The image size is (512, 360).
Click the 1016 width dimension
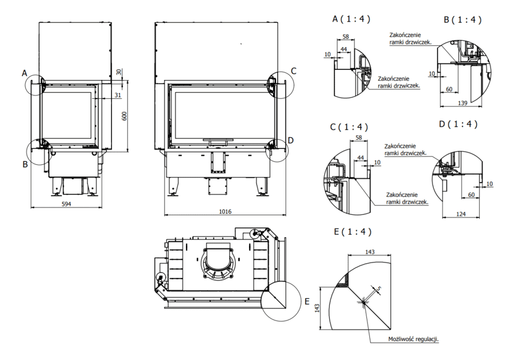tap(225, 212)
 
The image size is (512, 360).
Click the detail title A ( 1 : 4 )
tap(352, 19)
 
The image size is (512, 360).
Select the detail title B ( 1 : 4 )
tap(463, 20)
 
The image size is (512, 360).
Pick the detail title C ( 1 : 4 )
tap(349, 126)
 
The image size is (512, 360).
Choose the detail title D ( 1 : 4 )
tap(459, 124)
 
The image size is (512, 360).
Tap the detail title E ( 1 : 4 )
tap(353, 231)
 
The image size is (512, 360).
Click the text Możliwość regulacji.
tap(414, 339)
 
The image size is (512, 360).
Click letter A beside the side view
tap(24, 73)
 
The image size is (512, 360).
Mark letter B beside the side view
tap(24, 164)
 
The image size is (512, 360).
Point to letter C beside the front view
tap(294, 71)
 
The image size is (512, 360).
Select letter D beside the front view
tap(291, 140)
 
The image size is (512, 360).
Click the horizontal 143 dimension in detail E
tap(370, 251)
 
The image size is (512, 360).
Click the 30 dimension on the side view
tap(118, 72)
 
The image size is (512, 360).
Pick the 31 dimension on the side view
tap(117, 95)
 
